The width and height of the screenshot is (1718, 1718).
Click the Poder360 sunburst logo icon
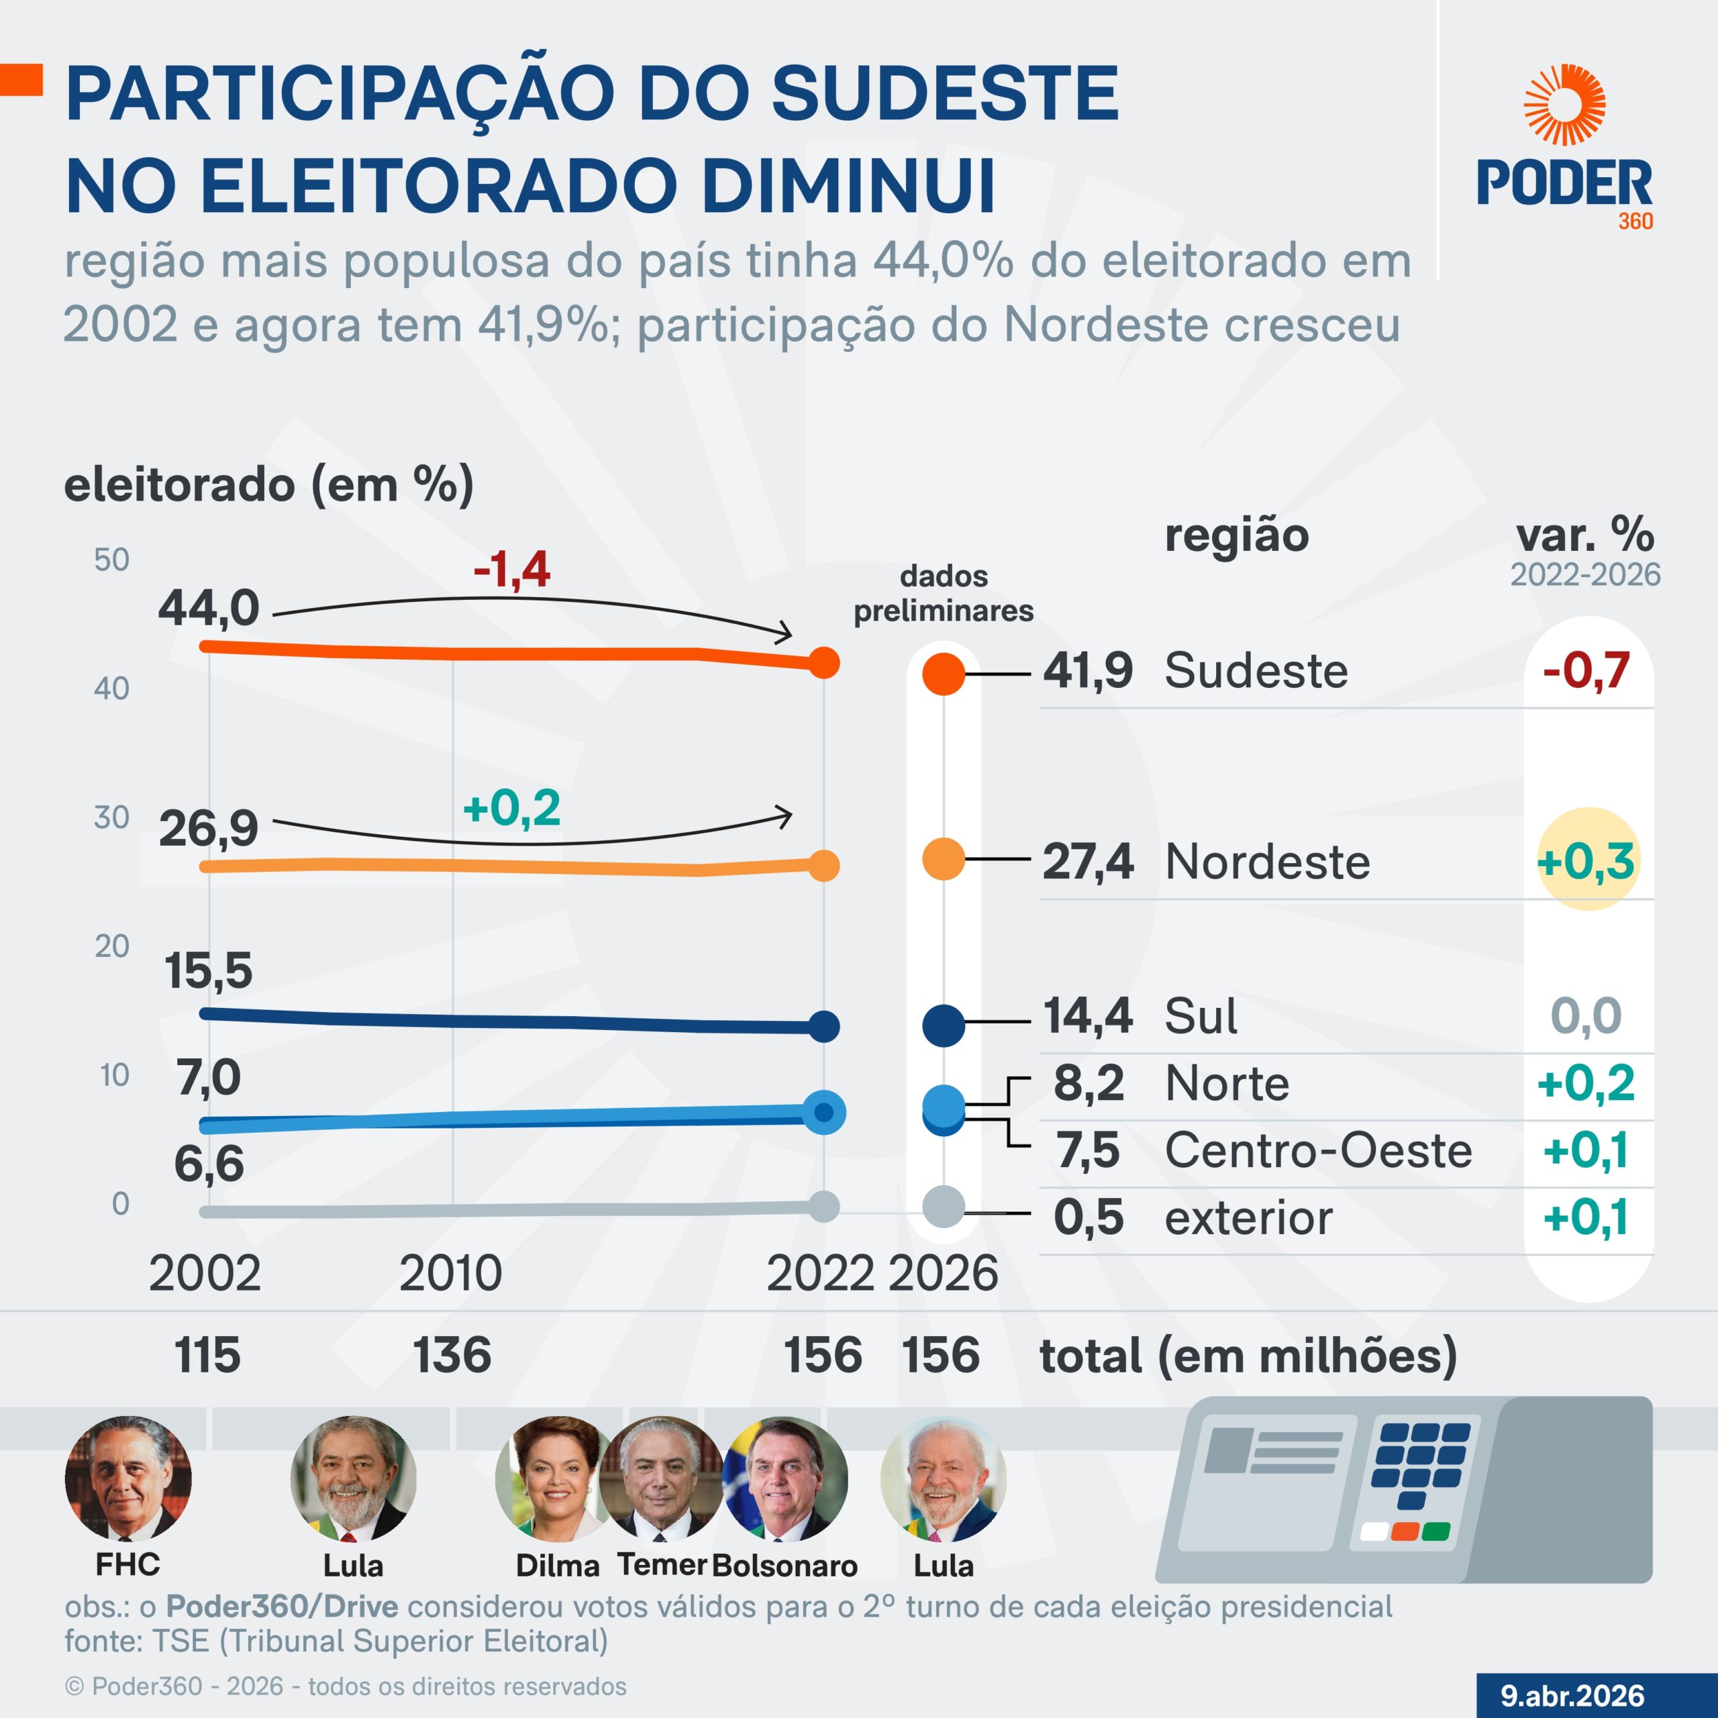click(1564, 105)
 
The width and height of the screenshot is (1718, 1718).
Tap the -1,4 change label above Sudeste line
click(511, 570)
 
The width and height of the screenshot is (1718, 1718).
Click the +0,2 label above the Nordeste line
click(511, 808)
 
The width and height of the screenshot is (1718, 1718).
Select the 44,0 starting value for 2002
click(209, 608)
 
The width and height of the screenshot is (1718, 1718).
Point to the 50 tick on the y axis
click(112, 559)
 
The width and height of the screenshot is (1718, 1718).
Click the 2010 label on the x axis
click(451, 1273)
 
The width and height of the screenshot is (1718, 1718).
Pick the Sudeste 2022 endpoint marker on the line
click(823, 662)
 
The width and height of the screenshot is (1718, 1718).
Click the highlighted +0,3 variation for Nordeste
click(1586, 861)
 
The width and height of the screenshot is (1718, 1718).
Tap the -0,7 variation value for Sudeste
click(1586, 670)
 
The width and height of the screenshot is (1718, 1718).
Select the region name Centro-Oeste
click(1318, 1151)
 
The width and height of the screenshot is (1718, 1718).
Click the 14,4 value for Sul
click(1088, 1015)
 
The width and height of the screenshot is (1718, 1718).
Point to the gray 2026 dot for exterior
click(944, 1207)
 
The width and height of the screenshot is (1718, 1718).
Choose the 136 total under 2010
click(452, 1355)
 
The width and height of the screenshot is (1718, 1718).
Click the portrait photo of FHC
click(128, 1480)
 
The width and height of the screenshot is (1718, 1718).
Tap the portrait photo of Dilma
click(553, 1480)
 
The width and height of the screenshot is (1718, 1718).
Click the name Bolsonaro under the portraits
click(785, 1565)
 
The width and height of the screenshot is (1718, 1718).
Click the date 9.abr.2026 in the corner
click(1572, 1695)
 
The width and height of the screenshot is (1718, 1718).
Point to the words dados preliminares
click(944, 593)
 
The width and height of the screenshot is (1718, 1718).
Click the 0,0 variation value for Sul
click(1586, 1015)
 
